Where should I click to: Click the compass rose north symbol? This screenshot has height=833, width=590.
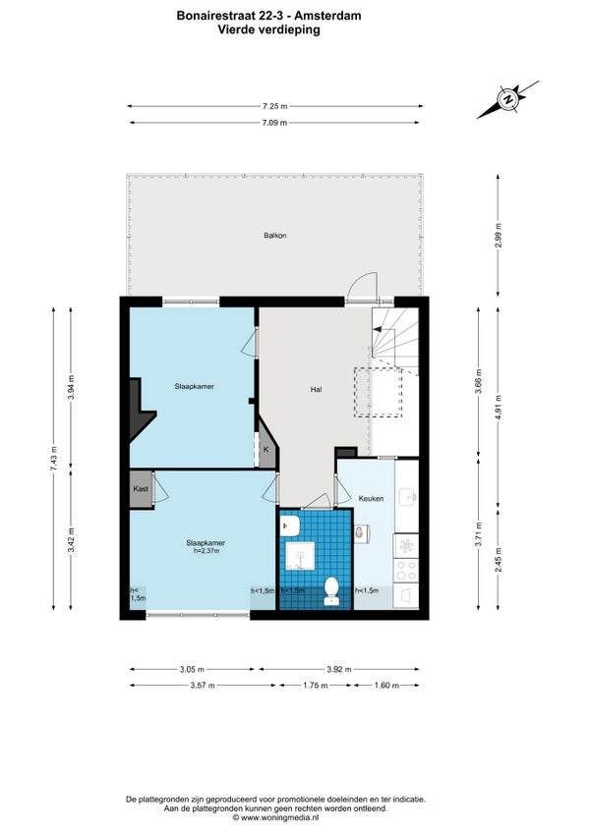point(508,99)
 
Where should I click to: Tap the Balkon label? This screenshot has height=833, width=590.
point(275,235)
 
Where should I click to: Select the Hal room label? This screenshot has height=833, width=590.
point(316,389)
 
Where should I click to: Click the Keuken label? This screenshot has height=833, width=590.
point(371,498)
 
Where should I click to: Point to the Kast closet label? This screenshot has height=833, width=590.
point(141,489)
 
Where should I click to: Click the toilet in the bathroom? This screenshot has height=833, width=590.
point(331,590)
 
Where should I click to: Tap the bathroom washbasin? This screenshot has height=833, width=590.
point(290,527)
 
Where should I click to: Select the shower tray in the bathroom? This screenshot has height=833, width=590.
point(300,556)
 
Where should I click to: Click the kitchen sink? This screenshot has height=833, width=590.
point(407,497)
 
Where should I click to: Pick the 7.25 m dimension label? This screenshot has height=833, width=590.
point(274,106)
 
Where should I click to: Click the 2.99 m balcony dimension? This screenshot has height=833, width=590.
point(498,235)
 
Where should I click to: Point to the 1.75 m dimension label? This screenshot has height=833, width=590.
point(316,686)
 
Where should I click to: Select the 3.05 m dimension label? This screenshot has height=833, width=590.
point(192,669)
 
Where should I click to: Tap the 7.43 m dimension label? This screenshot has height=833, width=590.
point(54,458)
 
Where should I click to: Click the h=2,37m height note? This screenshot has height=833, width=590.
point(206,551)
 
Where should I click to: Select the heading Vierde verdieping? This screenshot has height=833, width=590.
point(269,29)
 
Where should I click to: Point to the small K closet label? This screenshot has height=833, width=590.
point(266,450)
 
